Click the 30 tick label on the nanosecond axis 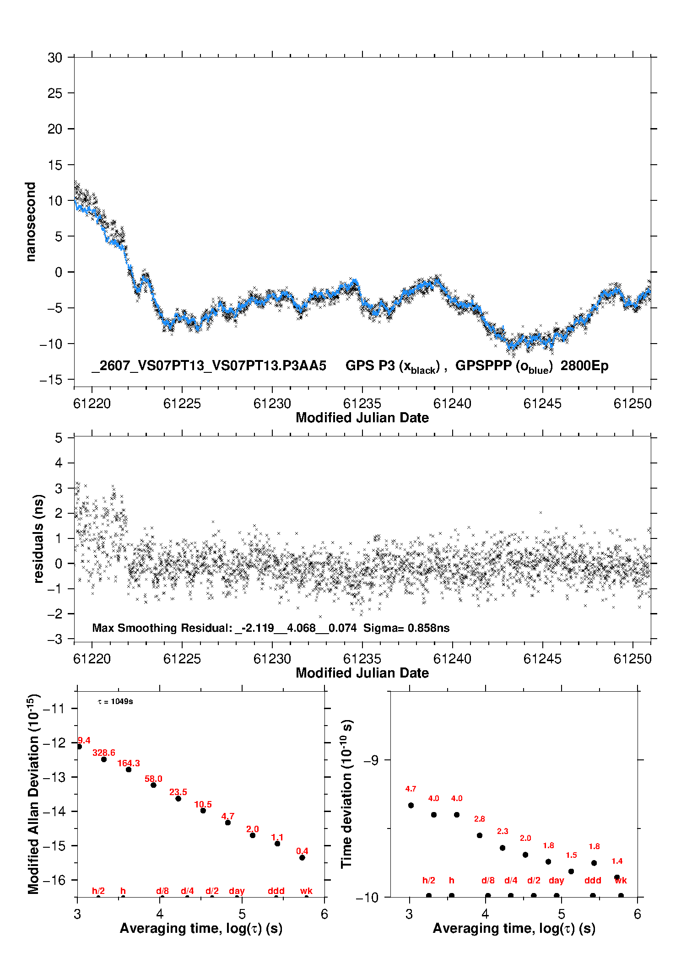point(54,58)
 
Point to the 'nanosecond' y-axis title point(31,222)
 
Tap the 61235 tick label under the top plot point(362,403)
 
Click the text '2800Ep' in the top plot point(584,366)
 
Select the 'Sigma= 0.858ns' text point(406,628)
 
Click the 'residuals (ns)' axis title point(39,539)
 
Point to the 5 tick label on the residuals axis point(59,438)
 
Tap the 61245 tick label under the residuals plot point(542,659)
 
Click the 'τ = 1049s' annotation point(115,701)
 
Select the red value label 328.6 point(104,753)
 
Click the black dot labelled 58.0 point(153,785)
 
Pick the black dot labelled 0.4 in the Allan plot point(302,858)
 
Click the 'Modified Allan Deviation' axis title point(33,794)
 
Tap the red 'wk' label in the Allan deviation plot point(306,891)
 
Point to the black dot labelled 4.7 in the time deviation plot point(411,805)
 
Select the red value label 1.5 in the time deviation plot point(571,855)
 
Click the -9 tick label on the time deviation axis point(371,760)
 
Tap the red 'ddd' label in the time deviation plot point(593,880)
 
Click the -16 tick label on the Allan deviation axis point(54,880)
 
